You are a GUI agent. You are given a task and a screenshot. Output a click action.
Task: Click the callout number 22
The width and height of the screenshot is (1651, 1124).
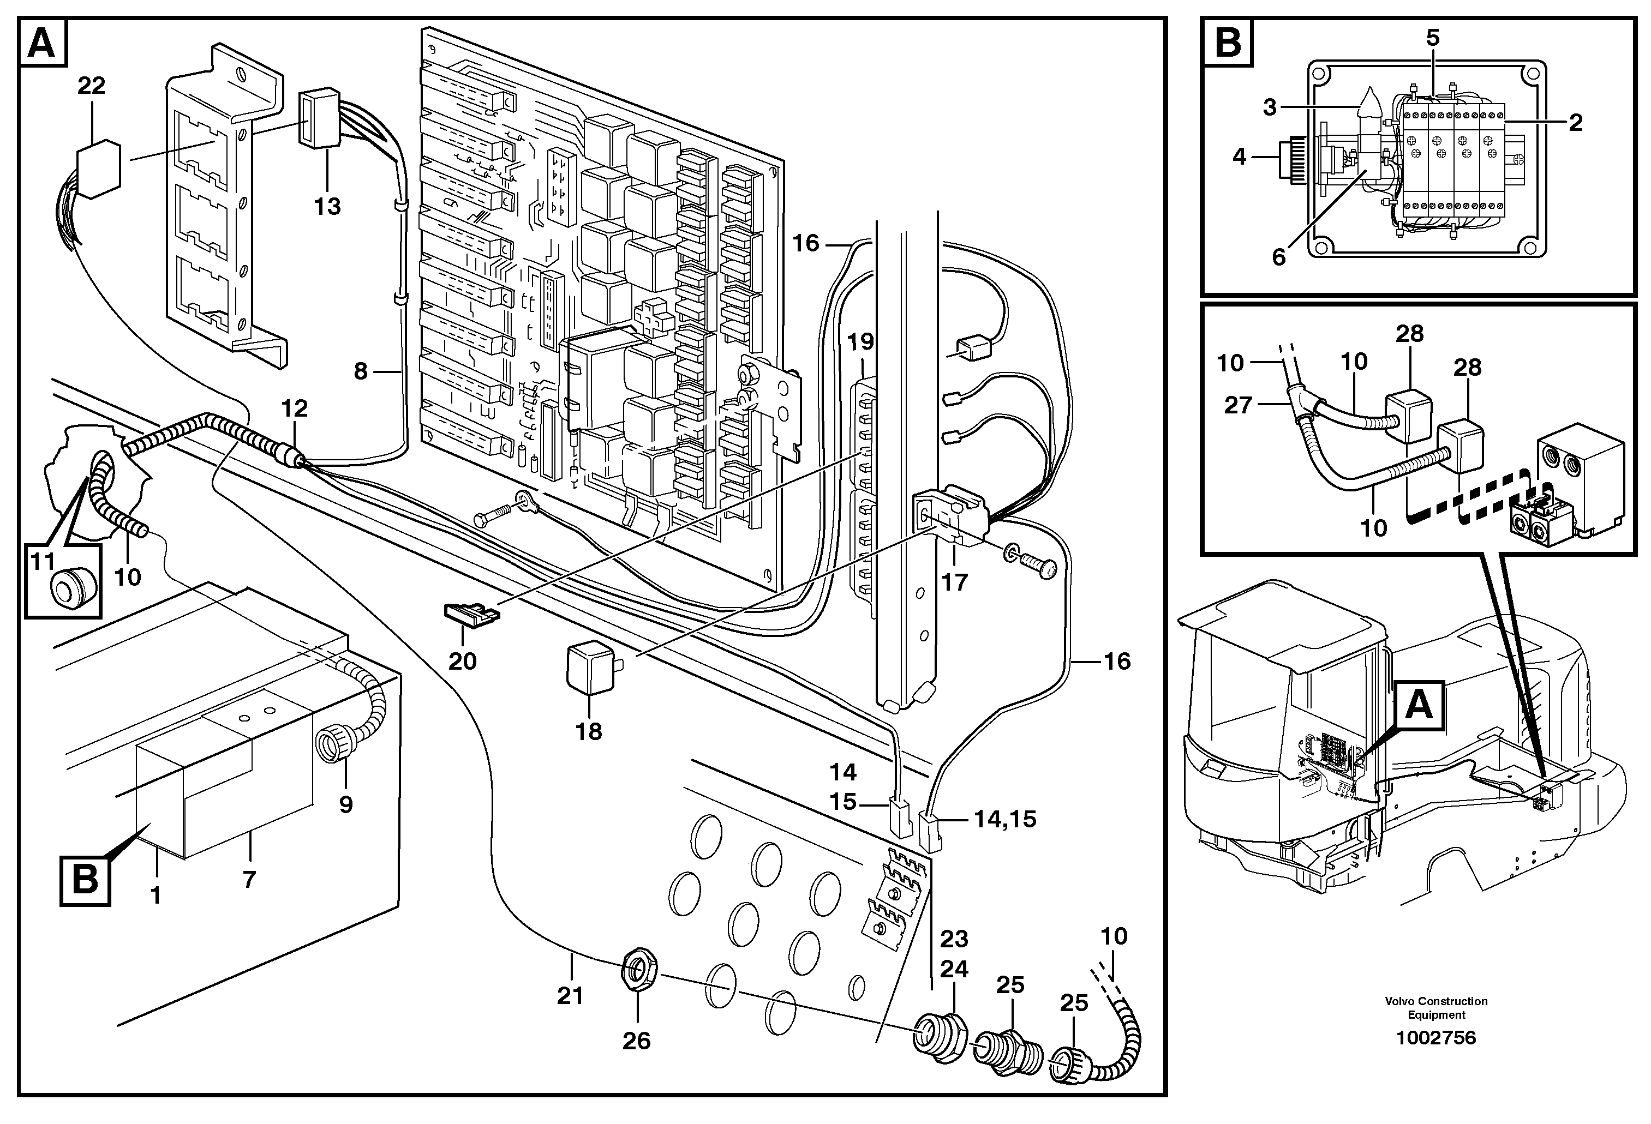pyautogui.click(x=92, y=86)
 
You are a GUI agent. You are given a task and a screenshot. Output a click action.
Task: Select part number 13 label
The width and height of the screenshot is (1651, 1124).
pyautogui.click(x=327, y=207)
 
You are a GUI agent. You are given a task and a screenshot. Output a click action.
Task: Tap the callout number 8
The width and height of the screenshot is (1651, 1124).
pyautogui.click(x=361, y=371)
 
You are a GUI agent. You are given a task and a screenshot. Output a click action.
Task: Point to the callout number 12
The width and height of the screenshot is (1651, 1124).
pyautogui.click(x=294, y=408)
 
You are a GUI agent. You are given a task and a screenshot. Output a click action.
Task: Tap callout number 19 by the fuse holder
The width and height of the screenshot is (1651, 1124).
pyautogui.click(x=860, y=342)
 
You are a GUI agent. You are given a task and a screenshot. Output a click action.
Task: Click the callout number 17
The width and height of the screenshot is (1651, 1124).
pyautogui.click(x=954, y=582)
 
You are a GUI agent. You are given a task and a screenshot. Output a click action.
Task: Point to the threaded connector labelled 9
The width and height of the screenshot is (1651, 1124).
pyautogui.click(x=333, y=747)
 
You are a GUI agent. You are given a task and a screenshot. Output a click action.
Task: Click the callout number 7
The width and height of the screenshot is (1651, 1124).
pyautogui.click(x=249, y=880)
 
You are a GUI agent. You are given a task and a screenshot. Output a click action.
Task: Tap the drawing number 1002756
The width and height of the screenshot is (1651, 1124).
pyautogui.click(x=1435, y=1038)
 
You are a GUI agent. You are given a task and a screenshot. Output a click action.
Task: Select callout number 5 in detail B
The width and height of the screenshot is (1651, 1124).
pyautogui.click(x=1433, y=38)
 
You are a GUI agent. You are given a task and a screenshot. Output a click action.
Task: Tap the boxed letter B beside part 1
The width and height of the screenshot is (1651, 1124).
pyautogui.click(x=85, y=880)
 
